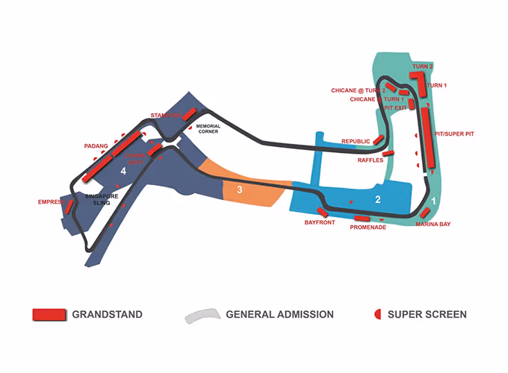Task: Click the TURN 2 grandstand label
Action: click(x=423, y=67)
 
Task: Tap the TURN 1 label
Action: click(x=436, y=86)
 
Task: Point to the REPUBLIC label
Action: click(x=356, y=142)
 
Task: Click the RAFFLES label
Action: click(x=371, y=160)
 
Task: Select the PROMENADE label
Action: click(x=368, y=227)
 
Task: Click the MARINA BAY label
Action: click(x=433, y=224)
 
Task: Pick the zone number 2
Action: click(x=378, y=199)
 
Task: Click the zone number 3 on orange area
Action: click(x=239, y=189)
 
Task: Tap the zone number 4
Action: click(x=123, y=172)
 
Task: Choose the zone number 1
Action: click(x=434, y=201)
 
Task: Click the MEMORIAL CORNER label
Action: click(x=208, y=128)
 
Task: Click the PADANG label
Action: click(x=96, y=146)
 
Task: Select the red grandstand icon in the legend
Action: click(x=49, y=314)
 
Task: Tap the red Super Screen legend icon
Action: click(x=378, y=314)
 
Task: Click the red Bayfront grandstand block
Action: click(x=323, y=213)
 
